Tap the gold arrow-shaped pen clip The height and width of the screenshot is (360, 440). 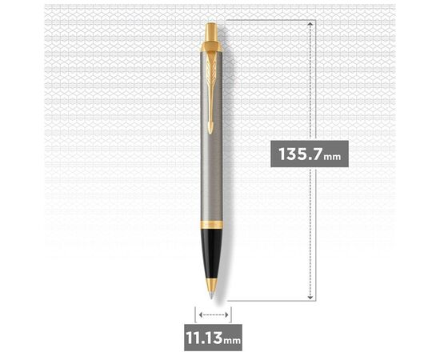(212, 88)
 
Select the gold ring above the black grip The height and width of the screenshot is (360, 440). (212, 223)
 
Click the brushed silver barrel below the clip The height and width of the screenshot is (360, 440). (212, 176)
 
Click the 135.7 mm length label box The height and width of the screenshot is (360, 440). (309, 154)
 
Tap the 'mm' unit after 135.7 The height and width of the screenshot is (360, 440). (332, 156)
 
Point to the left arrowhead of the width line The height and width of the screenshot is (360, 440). (196, 316)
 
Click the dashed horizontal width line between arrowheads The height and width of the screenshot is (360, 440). (212, 316)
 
